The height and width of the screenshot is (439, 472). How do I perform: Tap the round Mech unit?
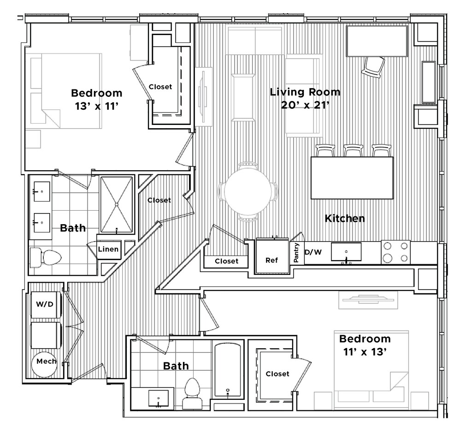coord(46,361)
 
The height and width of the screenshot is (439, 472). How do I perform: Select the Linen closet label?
coord(109,249)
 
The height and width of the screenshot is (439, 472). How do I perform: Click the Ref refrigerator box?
coord(272,260)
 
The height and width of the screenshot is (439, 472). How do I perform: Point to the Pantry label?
coord(296,253)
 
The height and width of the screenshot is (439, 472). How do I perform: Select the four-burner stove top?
coord(396,252)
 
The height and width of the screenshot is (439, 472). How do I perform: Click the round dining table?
coord(248,191)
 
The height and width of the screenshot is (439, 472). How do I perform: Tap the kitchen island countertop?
coord(352,178)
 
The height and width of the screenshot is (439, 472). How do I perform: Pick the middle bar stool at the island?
coord(354,151)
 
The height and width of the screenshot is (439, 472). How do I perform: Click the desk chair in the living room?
coord(373,67)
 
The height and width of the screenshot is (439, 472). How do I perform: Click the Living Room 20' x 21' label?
coord(305,98)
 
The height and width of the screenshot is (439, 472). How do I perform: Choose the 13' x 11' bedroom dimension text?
coord(97,106)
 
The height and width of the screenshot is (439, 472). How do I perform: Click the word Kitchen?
coord(345,218)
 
